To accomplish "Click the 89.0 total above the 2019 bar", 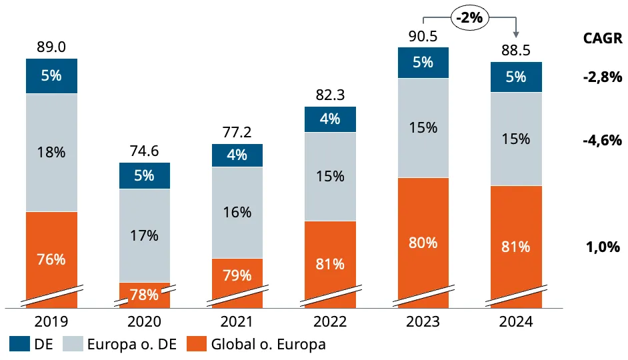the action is [x=51, y=47].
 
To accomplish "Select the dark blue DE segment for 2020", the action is [x=145, y=176].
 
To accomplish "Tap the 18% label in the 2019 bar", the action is [x=51, y=152].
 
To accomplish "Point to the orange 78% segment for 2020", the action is [x=145, y=295].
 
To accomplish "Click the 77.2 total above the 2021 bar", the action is [x=237, y=132].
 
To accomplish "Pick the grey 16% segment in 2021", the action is [x=237, y=213].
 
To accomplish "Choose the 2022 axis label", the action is [x=330, y=321].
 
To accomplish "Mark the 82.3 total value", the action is [x=330, y=95].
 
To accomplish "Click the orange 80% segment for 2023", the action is [x=423, y=243].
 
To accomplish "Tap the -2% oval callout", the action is [x=470, y=17].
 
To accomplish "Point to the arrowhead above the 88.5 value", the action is [x=516, y=35].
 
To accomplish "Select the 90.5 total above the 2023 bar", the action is [x=423, y=37].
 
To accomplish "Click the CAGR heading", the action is [x=603, y=39].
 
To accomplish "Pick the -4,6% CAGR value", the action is [x=603, y=141].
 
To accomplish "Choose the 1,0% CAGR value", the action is [x=603, y=247].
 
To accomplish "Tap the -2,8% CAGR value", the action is [x=603, y=77].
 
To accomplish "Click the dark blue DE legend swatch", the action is [x=19, y=344].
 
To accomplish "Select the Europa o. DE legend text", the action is [x=132, y=345].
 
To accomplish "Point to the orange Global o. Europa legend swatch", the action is [x=197, y=344].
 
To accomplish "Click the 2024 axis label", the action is [x=516, y=321].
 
